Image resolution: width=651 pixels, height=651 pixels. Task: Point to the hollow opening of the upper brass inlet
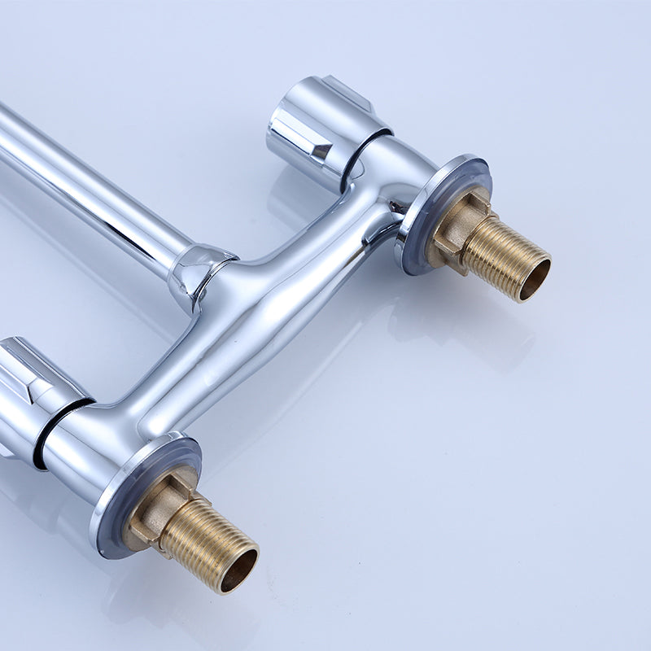click(535, 277)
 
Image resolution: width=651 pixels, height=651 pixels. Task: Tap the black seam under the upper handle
click(358, 155)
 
